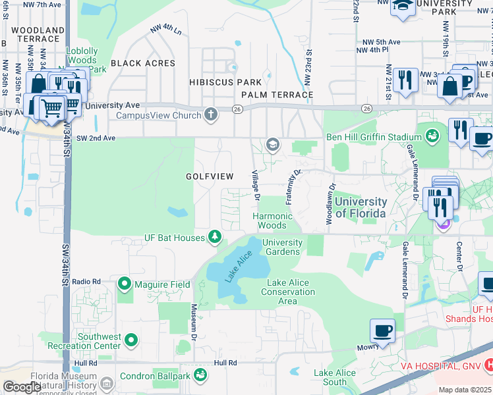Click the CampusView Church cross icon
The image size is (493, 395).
click(210, 115)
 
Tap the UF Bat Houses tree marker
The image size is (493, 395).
click(214, 237)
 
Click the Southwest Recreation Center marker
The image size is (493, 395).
click(132, 340)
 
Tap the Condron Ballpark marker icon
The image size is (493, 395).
click(200, 376)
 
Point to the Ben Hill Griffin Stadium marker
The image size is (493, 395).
click(432, 137)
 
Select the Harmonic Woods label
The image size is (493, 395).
click(272, 221)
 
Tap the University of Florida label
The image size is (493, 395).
click(361, 207)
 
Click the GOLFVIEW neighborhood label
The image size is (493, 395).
click(209, 176)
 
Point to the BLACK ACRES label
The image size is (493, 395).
click(143, 63)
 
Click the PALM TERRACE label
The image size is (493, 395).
click(277, 95)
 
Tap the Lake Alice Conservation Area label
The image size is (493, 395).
click(287, 292)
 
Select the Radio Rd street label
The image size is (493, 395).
click(86, 281)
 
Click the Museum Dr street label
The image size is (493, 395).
click(194, 319)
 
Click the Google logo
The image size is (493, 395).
click(22, 386)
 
